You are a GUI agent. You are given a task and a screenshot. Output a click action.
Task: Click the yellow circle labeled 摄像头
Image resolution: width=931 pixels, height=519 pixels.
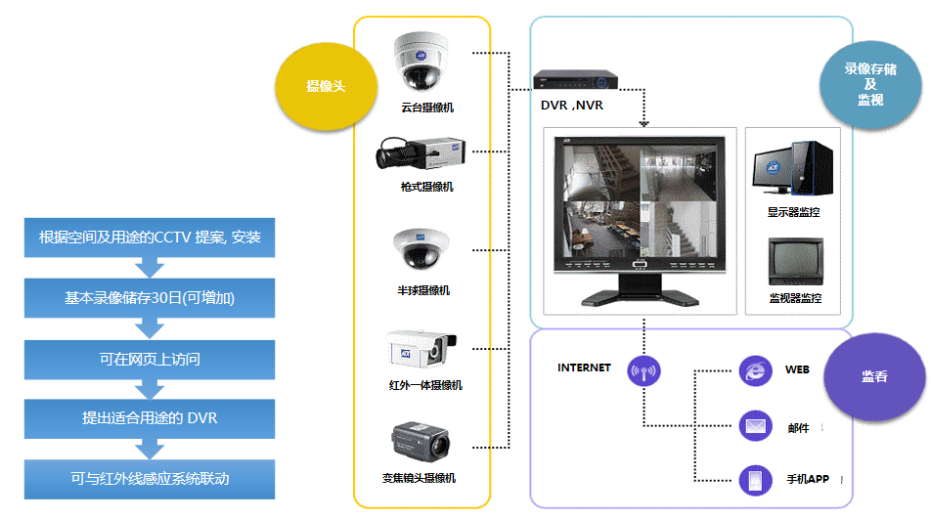pos(326,86)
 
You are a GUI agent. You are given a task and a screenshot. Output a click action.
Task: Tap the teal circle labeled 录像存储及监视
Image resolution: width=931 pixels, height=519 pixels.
pos(870,84)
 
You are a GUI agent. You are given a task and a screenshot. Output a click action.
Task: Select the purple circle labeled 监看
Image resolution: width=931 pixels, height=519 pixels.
pos(874,376)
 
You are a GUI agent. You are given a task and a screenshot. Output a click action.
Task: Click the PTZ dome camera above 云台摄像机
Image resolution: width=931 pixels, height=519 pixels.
pos(421,62)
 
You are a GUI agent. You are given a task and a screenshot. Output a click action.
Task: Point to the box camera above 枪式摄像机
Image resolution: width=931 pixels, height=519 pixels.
pos(421,153)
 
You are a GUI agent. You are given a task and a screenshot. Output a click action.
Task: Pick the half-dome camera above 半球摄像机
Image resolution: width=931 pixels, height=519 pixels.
pos(421,249)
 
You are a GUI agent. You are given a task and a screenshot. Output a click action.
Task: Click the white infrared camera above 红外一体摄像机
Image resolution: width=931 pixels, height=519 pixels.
pos(421,349)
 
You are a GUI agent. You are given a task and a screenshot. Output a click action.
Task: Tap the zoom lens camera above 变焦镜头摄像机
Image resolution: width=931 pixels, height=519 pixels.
pos(420,442)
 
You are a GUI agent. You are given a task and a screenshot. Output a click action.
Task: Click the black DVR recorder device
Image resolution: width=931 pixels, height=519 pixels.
pos(575,79)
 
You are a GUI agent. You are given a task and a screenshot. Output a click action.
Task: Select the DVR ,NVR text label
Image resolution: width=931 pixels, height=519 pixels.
pos(572,106)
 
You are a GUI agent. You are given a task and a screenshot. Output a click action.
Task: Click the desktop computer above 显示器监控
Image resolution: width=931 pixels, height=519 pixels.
pos(793,168)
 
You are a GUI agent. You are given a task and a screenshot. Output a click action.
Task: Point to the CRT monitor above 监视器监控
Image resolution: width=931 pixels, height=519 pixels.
pos(796,262)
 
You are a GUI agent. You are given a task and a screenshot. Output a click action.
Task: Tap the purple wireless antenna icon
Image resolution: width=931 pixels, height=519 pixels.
pos(643,370)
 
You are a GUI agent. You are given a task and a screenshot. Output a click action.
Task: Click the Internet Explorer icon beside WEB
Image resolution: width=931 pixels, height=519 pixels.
pos(755,370)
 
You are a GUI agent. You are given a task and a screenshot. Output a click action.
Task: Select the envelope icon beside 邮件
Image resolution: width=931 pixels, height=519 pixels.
pos(755,425)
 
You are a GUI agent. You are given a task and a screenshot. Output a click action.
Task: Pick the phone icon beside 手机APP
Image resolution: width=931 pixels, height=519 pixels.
pos(755,480)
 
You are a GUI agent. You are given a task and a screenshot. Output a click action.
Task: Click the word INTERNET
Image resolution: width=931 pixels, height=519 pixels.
pos(584,368)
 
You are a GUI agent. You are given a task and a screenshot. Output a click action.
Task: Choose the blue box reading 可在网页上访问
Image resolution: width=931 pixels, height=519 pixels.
pos(150,360)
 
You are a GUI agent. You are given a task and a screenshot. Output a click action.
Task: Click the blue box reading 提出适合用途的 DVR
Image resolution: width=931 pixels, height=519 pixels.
pos(150,418)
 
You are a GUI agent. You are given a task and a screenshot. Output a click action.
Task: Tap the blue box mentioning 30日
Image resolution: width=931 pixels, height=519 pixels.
pos(150,298)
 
